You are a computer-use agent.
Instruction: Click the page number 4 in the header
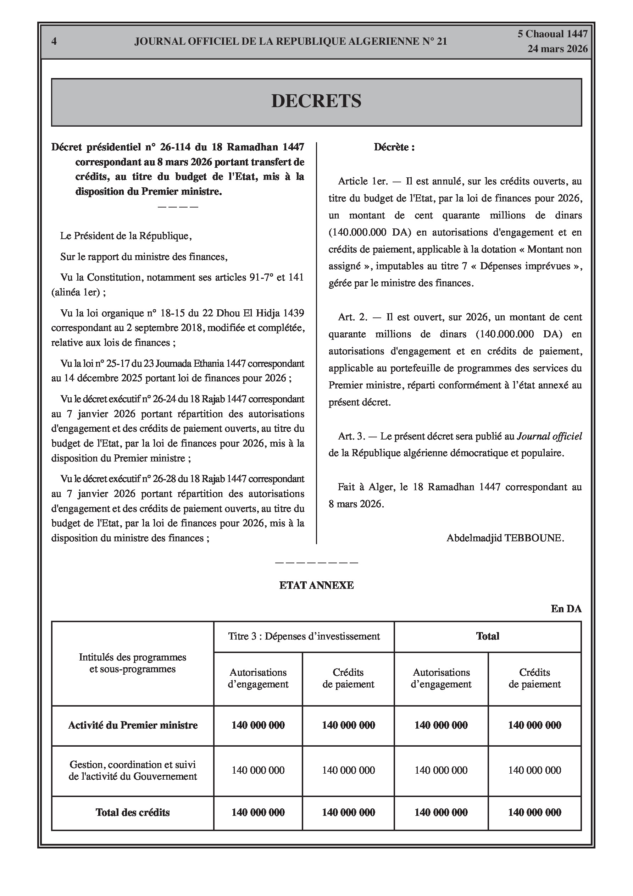pyautogui.click(x=54, y=42)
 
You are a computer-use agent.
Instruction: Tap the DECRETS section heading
pyautogui.click(x=316, y=101)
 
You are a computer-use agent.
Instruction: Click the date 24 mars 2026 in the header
pyautogui.click(x=557, y=49)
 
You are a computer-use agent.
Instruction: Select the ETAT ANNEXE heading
pyautogui.click(x=316, y=585)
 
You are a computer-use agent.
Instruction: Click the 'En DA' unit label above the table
pyautogui.click(x=566, y=609)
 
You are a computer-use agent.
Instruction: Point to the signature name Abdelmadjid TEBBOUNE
pyautogui.click(x=505, y=538)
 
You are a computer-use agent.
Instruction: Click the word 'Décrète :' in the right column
pyautogui.click(x=394, y=147)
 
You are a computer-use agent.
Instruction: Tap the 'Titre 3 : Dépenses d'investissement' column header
pyautogui.click(x=304, y=636)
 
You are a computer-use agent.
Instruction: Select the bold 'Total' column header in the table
pyautogui.click(x=488, y=636)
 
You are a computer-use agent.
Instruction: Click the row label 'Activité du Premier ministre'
pyautogui.click(x=133, y=725)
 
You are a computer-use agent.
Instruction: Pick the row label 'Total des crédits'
pyautogui.click(x=133, y=813)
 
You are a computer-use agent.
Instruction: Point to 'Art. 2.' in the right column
pyautogui.click(x=352, y=317)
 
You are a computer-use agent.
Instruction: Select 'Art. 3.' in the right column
pyautogui.click(x=352, y=436)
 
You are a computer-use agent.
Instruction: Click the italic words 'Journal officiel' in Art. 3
pyautogui.click(x=549, y=436)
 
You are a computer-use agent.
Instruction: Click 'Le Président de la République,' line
pyautogui.click(x=126, y=236)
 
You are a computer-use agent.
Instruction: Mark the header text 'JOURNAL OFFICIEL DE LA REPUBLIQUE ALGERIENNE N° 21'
pyautogui.click(x=290, y=42)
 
